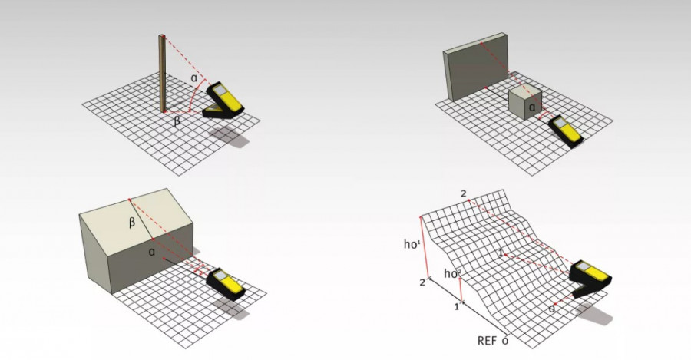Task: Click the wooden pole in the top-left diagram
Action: pos(163,73)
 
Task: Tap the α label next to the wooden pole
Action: pos(194,78)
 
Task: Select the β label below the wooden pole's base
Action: pos(177,121)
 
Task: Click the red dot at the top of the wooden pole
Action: pos(163,35)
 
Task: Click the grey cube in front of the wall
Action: pos(525,102)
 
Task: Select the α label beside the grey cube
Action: pos(532,107)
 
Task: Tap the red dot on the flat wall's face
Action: pos(481,43)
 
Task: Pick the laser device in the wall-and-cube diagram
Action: pos(565,130)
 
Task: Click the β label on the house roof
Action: pos(132,223)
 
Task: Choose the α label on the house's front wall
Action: pos(152,252)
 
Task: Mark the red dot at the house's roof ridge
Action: pos(129,200)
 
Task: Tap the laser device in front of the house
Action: pos(226,284)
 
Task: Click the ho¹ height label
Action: pos(412,243)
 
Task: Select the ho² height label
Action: pos(452,273)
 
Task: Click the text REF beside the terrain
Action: pos(487,341)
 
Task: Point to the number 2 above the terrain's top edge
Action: pos(463,193)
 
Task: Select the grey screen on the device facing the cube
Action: pos(560,123)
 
